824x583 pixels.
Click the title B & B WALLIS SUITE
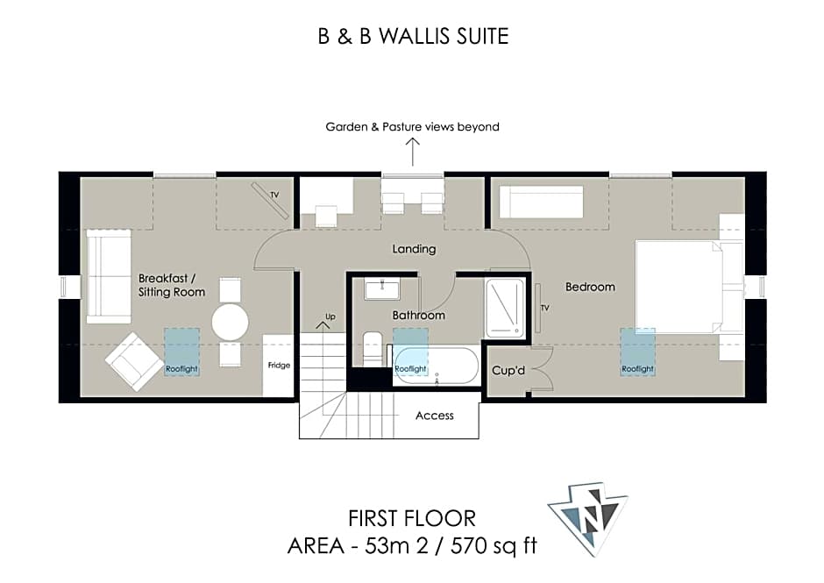point(413,36)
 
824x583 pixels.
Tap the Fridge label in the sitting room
point(279,366)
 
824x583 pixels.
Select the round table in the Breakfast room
point(231,322)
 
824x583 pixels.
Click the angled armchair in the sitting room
point(134,362)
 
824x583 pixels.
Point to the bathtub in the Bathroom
point(437,366)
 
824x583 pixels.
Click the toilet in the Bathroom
point(373,348)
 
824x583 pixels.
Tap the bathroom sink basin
point(382,289)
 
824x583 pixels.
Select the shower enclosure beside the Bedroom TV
point(505,308)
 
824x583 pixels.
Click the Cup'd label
point(508,371)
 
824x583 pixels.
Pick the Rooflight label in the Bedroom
point(637,369)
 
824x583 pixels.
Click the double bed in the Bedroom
point(679,287)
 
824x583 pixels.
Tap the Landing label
point(414,249)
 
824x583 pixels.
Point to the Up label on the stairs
point(330,317)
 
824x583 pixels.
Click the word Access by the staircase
point(435,416)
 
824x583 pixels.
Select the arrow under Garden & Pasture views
point(413,152)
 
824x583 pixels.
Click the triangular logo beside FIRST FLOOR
point(588,516)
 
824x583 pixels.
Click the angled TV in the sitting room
point(270,200)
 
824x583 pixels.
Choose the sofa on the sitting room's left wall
point(108,276)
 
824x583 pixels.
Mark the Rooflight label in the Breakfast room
point(181,369)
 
